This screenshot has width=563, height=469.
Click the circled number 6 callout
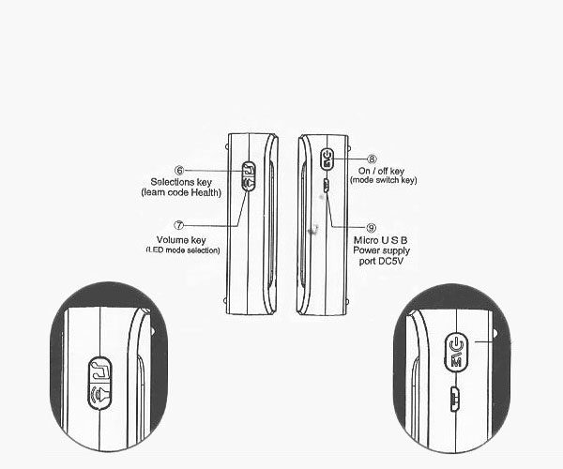click(x=179, y=171)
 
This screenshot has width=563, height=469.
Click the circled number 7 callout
click(x=179, y=225)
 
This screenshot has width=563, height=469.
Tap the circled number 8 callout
click(x=372, y=159)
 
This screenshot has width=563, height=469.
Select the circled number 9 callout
click(x=372, y=228)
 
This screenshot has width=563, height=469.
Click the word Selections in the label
click(x=171, y=182)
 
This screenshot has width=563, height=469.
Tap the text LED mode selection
click(x=183, y=250)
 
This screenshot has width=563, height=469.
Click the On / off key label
click(x=381, y=171)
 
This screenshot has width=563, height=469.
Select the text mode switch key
click(x=384, y=180)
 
